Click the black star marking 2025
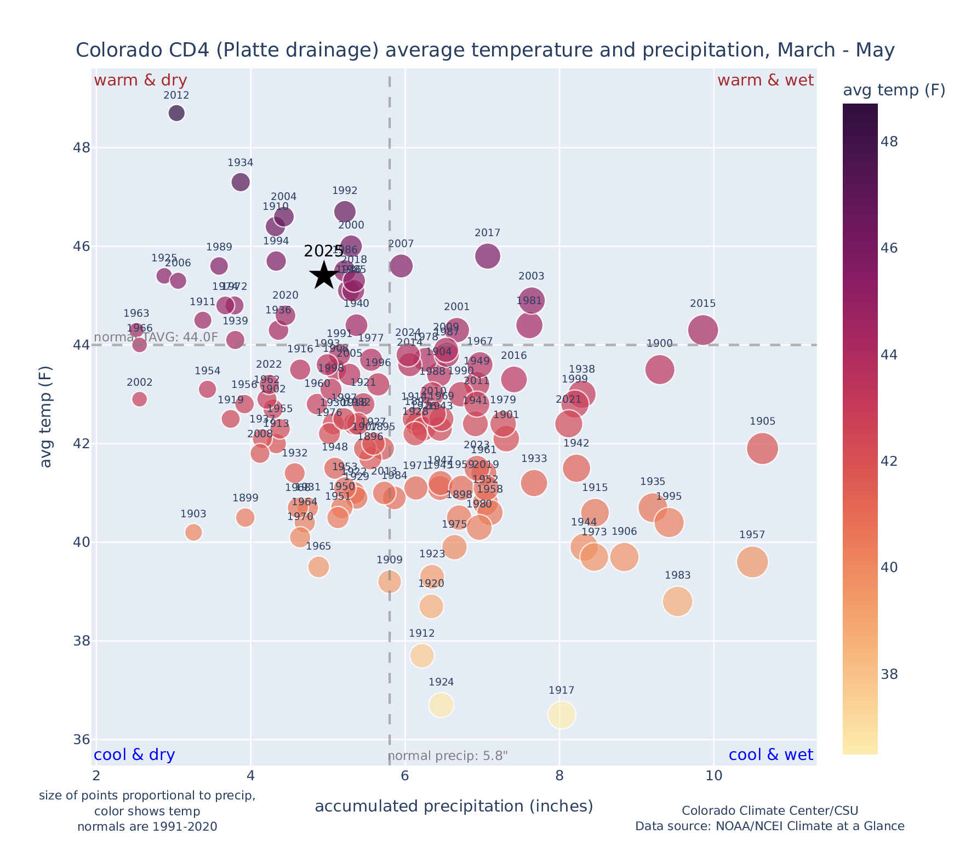point(324,275)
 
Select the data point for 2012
point(176,113)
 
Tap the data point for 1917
point(561,715)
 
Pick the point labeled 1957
point(752,562)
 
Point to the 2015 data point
point(703,330)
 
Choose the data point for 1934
point(241,182)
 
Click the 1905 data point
point(762,448)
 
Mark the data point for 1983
point(677,602)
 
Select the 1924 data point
point(441,705)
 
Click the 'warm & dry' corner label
point(140,81)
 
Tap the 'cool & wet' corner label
point(770,755)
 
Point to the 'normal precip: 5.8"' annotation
point(448,757)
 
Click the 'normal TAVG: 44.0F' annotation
point(156,338)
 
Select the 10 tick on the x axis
point(713,776)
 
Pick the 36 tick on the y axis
point(81,740)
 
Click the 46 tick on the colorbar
point(890,248)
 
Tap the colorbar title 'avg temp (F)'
point(894,90)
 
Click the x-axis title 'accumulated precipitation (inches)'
point(454,807)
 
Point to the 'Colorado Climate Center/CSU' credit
point(769,810)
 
